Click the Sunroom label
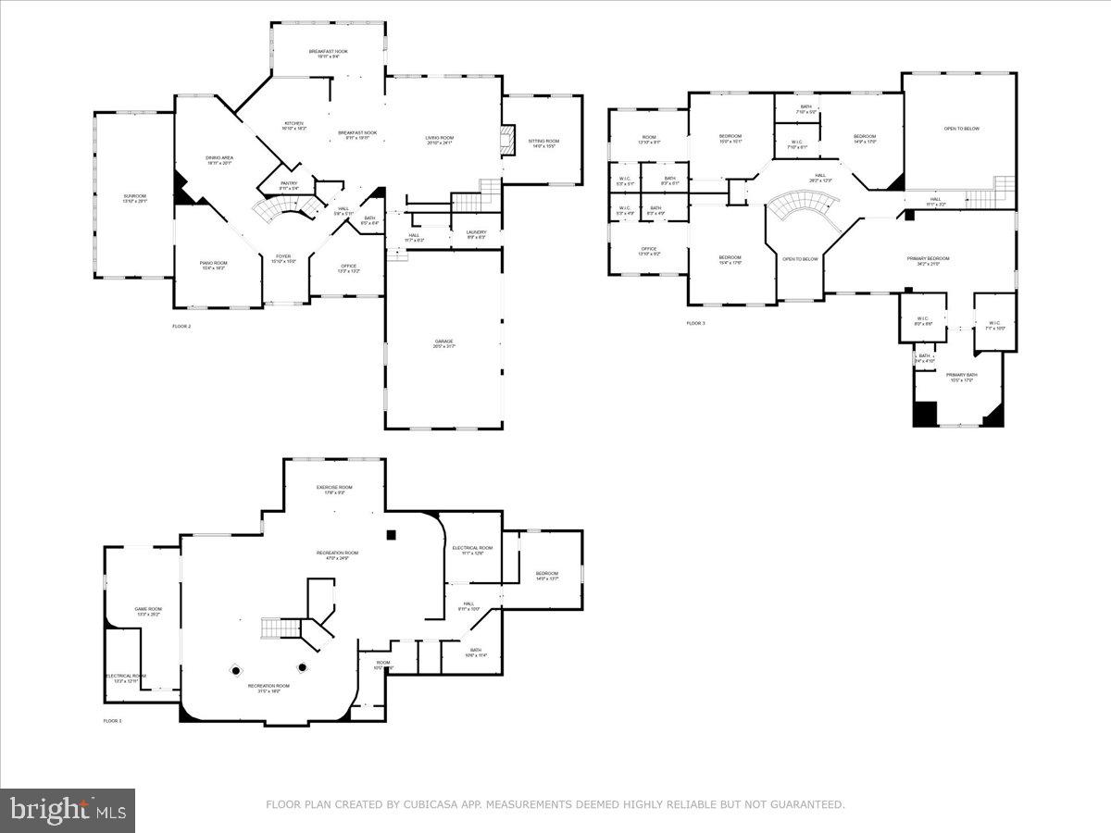[x=135, y=196]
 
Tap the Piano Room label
[x=213, y=264]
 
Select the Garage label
[x=444, y=342]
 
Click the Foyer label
[x=283, y=257]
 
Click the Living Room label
[x=440, y=139]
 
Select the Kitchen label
[x=293, y=124]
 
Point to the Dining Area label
[x=219, y=159]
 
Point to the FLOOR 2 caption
[x=181, y=327]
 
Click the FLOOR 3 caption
[x=695, y=323]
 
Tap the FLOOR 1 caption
[x=112, y=720]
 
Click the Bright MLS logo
[x=68, y=811]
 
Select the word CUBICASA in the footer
[x=427, y=805]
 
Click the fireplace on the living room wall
[x=506, y=141]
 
